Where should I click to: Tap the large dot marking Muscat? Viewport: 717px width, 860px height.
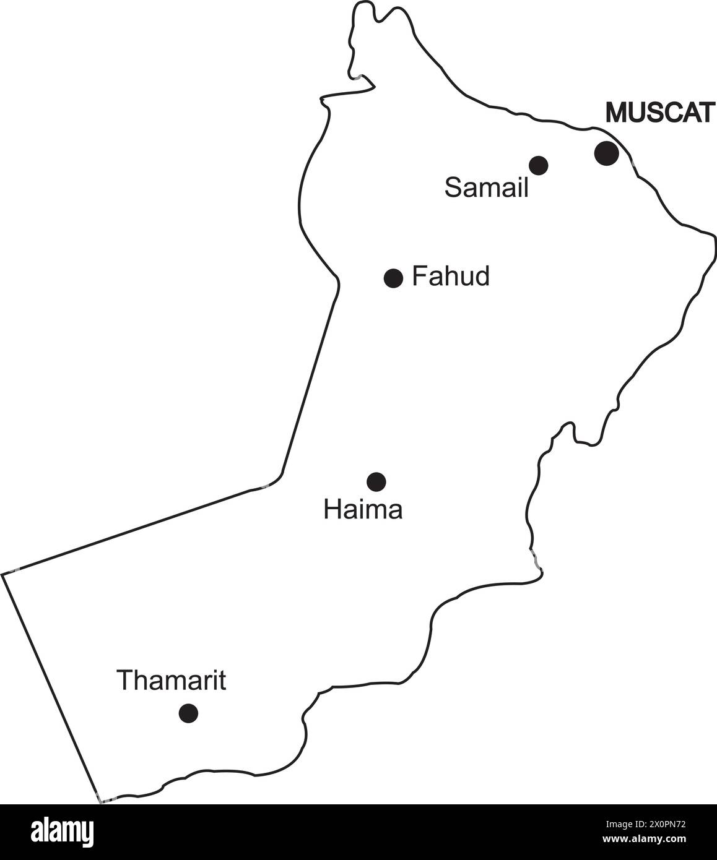606,153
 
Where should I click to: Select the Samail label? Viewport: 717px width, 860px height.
487,187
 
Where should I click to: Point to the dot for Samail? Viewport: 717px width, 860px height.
539,165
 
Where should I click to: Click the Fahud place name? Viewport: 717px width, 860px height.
451,276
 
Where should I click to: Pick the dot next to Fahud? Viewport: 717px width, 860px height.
393,278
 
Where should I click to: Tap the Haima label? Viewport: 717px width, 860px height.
363,510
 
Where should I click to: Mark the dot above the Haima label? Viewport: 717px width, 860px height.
376,481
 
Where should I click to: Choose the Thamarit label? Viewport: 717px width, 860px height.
172,680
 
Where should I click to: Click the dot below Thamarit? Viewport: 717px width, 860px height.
188,713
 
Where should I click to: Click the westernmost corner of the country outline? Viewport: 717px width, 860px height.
2,575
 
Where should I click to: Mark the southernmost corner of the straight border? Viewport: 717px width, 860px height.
100,802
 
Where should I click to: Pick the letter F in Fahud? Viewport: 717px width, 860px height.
419,276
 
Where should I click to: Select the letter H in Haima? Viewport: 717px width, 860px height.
332,510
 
